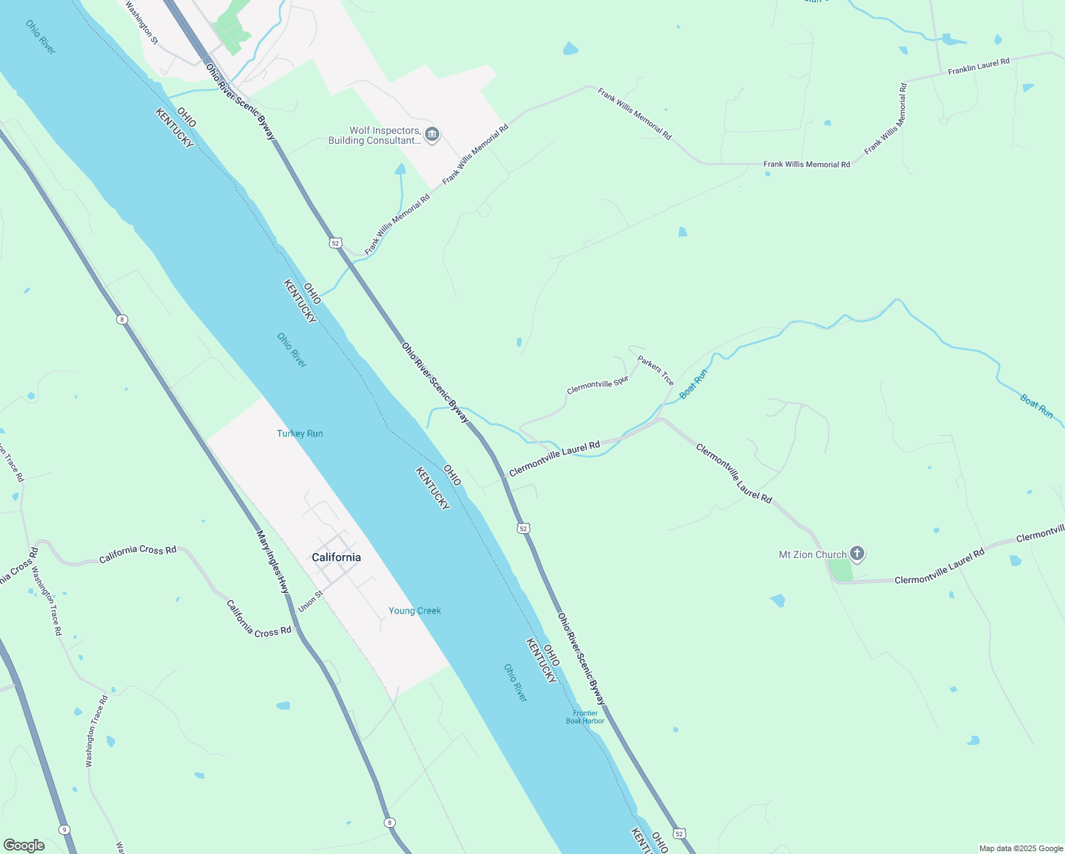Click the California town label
click(336, 557)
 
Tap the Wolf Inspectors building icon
click(431, 135)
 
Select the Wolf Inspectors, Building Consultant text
click(374, 135)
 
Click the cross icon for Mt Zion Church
click(857, 553)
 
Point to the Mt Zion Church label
click(813, 554)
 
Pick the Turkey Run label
click(300, 433)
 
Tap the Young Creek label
click(414, 611)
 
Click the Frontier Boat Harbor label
click(585, 717)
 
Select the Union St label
click(310, 601)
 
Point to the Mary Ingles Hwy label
click(273, 562)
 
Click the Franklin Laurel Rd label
click(978, 67)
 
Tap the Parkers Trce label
click(656, 371)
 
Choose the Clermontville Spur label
click(597, 385)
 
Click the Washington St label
click(141, 22)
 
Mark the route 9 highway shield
click(65, 830)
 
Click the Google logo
click(24, 845)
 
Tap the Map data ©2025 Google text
click(1021, 848)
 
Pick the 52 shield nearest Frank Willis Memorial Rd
click(336, 243)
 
